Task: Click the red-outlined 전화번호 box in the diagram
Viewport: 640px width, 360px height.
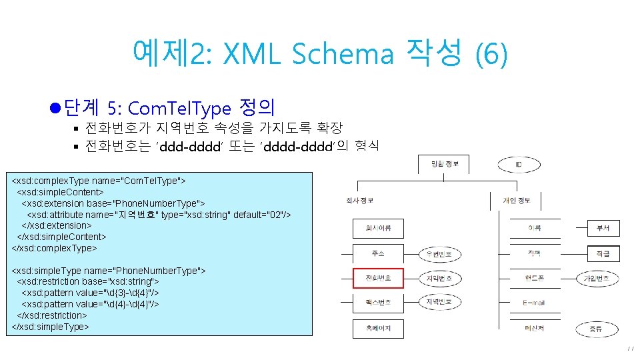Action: (x=378, y=278)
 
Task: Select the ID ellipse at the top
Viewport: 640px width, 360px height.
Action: (x=518, y=163)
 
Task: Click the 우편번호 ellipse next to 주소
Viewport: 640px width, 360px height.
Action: (x=439, y=254)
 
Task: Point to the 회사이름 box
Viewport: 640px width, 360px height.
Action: (x=378, y=229)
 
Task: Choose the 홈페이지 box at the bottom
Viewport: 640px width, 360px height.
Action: (x=378, y=328)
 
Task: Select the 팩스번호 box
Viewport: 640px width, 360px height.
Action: (x=378, y=303)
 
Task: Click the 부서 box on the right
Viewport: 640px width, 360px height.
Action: (x=603, y=229)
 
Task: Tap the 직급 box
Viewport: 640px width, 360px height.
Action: (x=603, y=253)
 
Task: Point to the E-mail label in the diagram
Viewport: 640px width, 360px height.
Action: (x=533, y=303)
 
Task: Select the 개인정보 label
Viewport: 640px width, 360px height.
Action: (x=517, y=200)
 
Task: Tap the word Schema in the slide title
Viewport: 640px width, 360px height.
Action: (x=342, y=54)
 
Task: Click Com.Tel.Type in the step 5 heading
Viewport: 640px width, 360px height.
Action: (x=178, y=108)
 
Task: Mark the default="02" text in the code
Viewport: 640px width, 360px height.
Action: (x=262, y=215)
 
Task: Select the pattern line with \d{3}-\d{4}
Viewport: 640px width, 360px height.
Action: (x=91, y=293)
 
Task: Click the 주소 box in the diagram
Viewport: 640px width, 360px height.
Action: (x=378, y=253)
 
